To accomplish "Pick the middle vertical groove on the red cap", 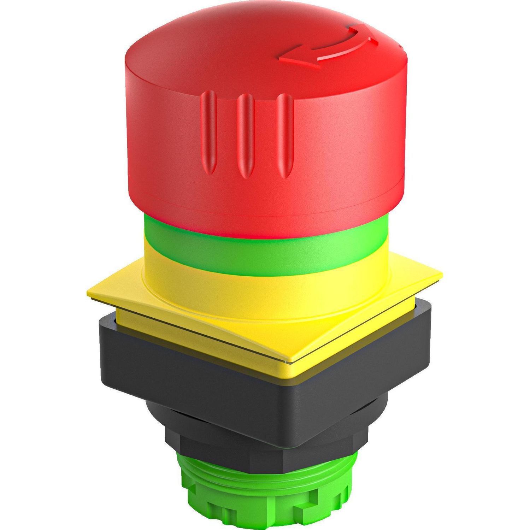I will coord(245,136).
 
